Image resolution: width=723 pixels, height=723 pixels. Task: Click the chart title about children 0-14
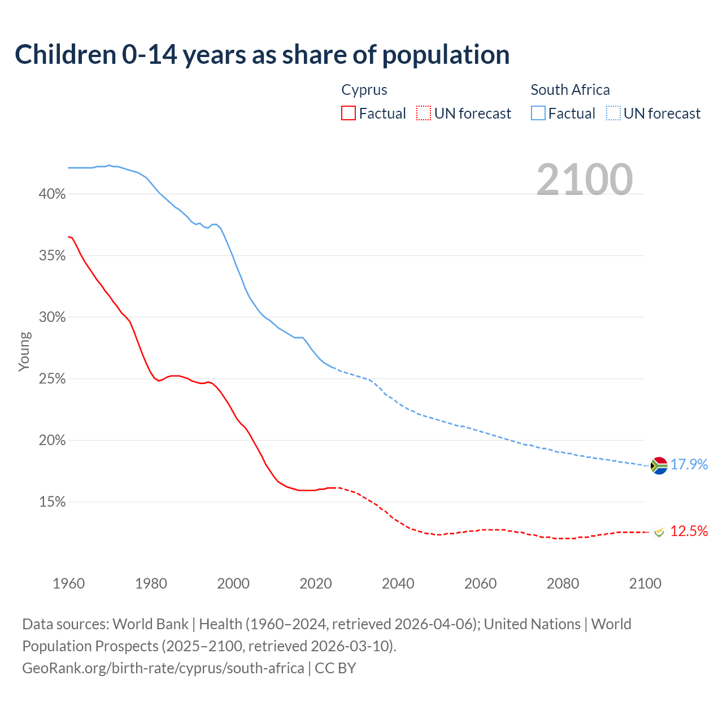point(262,55)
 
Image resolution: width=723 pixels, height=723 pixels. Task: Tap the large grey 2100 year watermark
point(585,180)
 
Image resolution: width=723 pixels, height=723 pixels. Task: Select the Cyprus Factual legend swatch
point(349,113)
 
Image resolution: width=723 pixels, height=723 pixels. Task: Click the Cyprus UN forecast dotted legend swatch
point(424,113)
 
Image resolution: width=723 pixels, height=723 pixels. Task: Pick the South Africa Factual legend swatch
point(538,113)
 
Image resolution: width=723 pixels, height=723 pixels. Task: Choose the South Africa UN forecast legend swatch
point(613,113)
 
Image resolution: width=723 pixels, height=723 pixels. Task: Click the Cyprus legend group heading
point(364,90)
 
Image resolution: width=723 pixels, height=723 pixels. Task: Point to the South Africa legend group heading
point(570,90)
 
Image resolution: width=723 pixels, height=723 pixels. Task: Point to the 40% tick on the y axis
point(52,194)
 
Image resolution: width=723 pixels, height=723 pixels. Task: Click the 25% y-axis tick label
point(52,379)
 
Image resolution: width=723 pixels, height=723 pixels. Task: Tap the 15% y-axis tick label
point(52,502)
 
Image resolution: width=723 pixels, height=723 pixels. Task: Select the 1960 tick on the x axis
point(68,583)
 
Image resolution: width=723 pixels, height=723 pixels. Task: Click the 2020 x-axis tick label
point(315,583)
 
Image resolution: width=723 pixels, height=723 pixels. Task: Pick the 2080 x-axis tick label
point(563,583)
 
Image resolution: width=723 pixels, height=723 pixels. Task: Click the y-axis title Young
point(24,351)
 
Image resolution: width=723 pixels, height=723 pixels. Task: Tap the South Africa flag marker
point(659,465)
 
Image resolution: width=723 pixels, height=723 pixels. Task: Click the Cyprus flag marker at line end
point(659,532)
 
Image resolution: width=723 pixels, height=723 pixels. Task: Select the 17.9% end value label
point(689,465)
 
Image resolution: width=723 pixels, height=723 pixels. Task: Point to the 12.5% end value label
point(689,532)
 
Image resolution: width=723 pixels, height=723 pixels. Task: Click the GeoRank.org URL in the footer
point(163,668)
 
